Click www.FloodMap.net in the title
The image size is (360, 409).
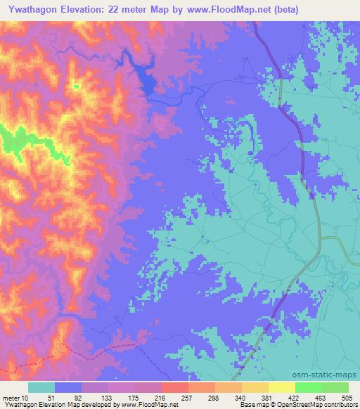pyautogui.click(x=213, y=10)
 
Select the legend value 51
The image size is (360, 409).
pyautogui.click(x=41, y=397)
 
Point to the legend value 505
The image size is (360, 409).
pyautogui.click(x=347, y=397)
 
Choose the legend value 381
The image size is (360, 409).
pyautogui.click(x=268, y=397)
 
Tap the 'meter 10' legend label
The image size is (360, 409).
pyautogui.click(x=15, y=397)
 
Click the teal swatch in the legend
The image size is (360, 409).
pyautogui.click(x=41, y=387)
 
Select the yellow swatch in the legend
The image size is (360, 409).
pyautogui.click(x=282, y=387)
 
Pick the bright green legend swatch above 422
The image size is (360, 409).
pyautogui.click(x=309, y=387)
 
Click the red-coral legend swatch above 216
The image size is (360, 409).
pyautogui.click(x=175, y=387)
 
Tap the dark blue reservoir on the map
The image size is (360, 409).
pyautogui.click(x=147, y=81)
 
